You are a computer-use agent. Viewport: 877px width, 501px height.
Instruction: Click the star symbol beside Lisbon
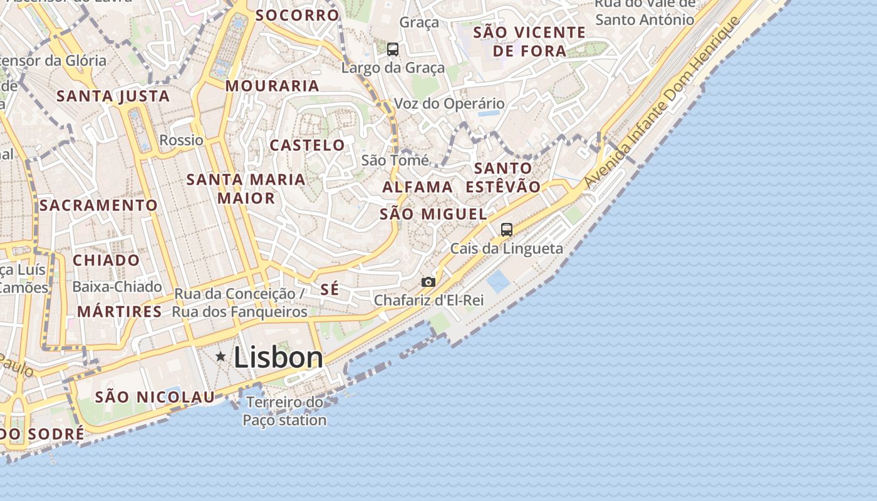click(x=221, y=356)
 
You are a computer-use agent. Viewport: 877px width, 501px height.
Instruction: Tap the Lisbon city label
click(x=278, y=358)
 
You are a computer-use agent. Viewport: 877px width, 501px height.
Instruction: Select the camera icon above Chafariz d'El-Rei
click(x=428, y=282)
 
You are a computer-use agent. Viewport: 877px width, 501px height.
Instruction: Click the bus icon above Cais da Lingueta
click(x=507, y=229)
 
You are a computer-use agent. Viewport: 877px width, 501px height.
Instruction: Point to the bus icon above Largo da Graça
click(x=393, y=49)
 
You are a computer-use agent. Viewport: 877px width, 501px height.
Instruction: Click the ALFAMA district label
click(x=418, y=187)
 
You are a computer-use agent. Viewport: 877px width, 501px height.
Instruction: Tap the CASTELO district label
click(x=307, y=145)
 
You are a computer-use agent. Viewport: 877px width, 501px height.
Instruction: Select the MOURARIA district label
click(x=272, y=86)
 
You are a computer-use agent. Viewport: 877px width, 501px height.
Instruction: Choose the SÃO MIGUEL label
click(x=433, y=214)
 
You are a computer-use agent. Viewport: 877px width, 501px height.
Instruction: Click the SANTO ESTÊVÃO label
click(x=503, y=177)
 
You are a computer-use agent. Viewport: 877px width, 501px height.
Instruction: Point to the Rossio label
click(x=182, y=140)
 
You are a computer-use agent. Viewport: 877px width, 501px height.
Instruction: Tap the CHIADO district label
click(x=106, y=260)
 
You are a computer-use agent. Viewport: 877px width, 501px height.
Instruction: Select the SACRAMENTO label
click(x=98, y=205)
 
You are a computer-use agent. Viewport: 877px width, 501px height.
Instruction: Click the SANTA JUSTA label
click(x=113, y=96)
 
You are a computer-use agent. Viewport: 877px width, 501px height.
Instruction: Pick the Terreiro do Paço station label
click(x=285, y=411)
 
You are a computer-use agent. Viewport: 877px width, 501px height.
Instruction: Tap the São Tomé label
click(x=395, y=160)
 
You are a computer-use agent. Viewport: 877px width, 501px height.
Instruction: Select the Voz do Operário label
click(x=449, y=103)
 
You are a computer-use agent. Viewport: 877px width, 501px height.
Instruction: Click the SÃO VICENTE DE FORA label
click(x=529, y=41)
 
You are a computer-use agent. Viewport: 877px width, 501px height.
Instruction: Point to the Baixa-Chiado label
click(x=117, y=287)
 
